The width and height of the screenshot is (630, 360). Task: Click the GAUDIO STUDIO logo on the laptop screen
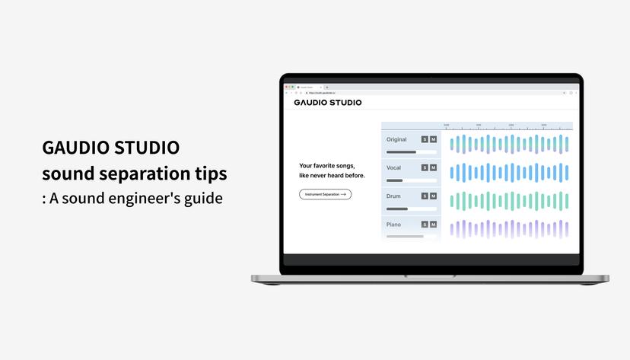coord(328,103)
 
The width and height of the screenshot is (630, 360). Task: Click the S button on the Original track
coord(425,139)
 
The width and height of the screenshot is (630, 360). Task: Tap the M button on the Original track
coord(433,139)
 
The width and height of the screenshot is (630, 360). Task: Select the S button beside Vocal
coord(425,167)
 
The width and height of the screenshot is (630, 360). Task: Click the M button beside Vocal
coord(433,167)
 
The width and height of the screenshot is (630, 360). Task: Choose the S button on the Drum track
coord(425,196)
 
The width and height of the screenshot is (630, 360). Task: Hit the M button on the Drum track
coord(433,196)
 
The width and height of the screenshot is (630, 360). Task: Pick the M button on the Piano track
coord(433,225)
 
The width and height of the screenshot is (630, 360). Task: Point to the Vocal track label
coord(394,167)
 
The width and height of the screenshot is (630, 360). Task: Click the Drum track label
coord(393,196)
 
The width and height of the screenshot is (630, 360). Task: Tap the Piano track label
coord(394,225)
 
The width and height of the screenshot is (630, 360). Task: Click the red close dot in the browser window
coord(287,87)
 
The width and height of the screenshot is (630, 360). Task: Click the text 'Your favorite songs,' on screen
coord(327,165)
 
